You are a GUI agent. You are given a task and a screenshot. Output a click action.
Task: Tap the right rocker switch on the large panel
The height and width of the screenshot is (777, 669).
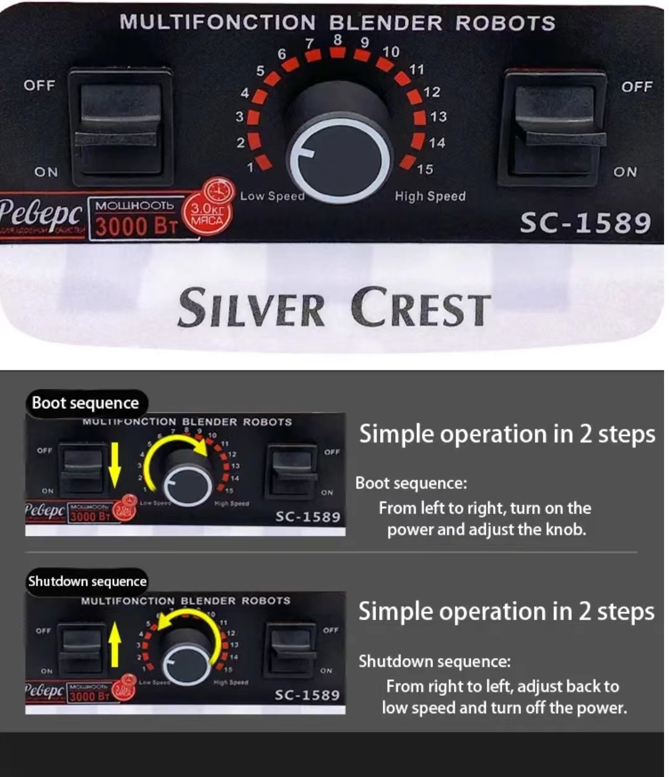(554, 127)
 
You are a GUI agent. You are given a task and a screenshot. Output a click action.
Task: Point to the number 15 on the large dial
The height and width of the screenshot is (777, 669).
(425, 169)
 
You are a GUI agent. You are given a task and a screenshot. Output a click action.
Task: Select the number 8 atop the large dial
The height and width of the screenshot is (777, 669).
(338, 40)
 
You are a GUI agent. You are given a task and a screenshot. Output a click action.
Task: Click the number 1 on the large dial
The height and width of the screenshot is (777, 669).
(250, 167)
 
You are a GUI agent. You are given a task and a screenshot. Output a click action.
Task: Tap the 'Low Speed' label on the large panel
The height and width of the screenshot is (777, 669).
(273, 196)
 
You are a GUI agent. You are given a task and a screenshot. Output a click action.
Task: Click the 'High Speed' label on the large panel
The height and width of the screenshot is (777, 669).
(430, 196)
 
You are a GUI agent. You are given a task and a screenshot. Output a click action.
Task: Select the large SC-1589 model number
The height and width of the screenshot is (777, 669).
(585, 223)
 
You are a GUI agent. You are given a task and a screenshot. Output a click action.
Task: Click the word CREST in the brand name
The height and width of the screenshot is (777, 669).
(421, 308)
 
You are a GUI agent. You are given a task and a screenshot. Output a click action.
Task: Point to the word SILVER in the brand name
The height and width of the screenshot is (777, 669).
(251, 308)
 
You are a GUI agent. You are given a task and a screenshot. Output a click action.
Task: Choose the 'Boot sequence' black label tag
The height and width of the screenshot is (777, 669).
(85, 403)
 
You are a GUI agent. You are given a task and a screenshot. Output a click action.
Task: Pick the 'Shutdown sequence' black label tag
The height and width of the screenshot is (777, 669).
(87, 582)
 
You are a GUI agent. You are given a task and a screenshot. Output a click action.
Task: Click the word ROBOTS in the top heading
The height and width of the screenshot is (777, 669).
(505, 23)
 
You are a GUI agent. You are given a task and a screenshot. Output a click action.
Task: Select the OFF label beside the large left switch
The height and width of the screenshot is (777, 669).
(40, 86)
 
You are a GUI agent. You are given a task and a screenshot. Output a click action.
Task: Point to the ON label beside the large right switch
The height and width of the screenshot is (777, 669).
(625, 172)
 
